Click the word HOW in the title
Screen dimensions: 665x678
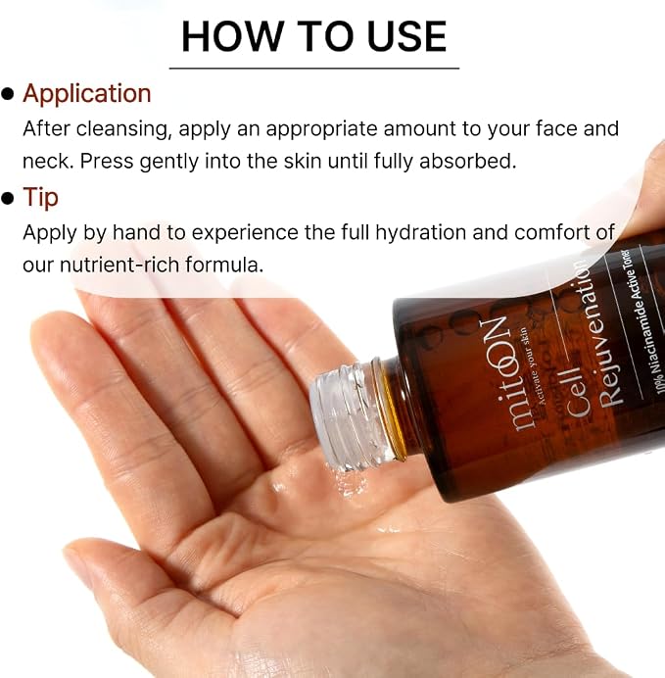tap(231, 36)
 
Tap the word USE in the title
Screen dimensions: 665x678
tap(406, 36)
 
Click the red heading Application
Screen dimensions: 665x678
tap(87, 94)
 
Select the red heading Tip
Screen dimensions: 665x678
tap(40, 198)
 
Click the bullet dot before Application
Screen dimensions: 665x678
tap(8, 94)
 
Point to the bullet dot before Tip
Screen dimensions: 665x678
tap(8, 198)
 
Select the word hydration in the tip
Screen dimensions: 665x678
tap(421, 232)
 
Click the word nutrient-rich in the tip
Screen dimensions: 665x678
tap(119, 265)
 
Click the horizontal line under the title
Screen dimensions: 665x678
tap(314, 68)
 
